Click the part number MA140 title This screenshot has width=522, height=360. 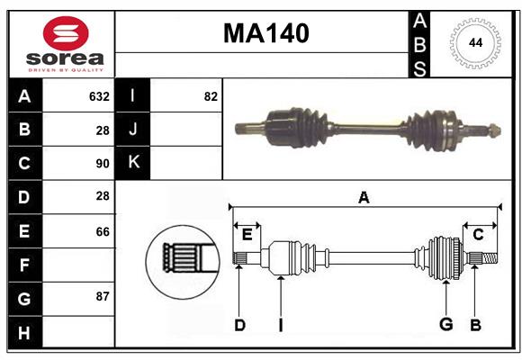265,33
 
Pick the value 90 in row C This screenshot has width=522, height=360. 102,164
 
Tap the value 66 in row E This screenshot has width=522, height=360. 102,231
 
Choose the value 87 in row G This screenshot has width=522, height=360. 102,296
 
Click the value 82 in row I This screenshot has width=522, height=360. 211,96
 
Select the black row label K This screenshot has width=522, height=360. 133,163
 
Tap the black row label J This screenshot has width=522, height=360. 133,130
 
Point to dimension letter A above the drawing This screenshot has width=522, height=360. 364,198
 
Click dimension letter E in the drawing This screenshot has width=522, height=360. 247,234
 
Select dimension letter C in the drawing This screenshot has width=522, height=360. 478,234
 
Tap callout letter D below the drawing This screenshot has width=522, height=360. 239,325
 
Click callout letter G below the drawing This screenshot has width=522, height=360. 445,325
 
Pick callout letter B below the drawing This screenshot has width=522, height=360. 475,325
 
